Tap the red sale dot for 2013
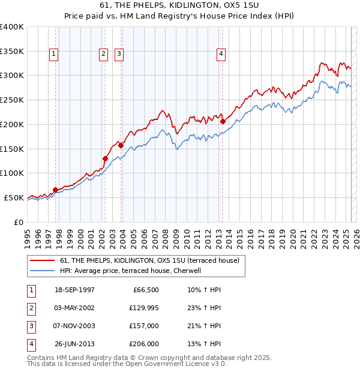coord(223,121)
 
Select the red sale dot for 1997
coord(55,190)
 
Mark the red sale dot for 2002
coord(105,158)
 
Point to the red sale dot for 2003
coord(121,145)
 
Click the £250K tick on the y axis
coord(12,100)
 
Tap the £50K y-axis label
coord(14,197)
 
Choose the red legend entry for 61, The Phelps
coord(149,260)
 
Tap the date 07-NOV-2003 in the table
coord(74,326)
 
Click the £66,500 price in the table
coord(145,290)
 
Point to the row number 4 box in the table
coord(30,344)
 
